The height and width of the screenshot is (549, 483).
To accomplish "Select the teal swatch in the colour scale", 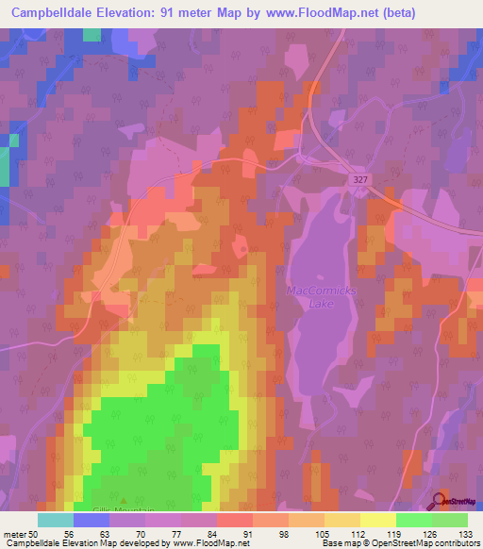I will [56, 519].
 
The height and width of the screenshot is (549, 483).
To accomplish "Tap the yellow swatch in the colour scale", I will [377, 519].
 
